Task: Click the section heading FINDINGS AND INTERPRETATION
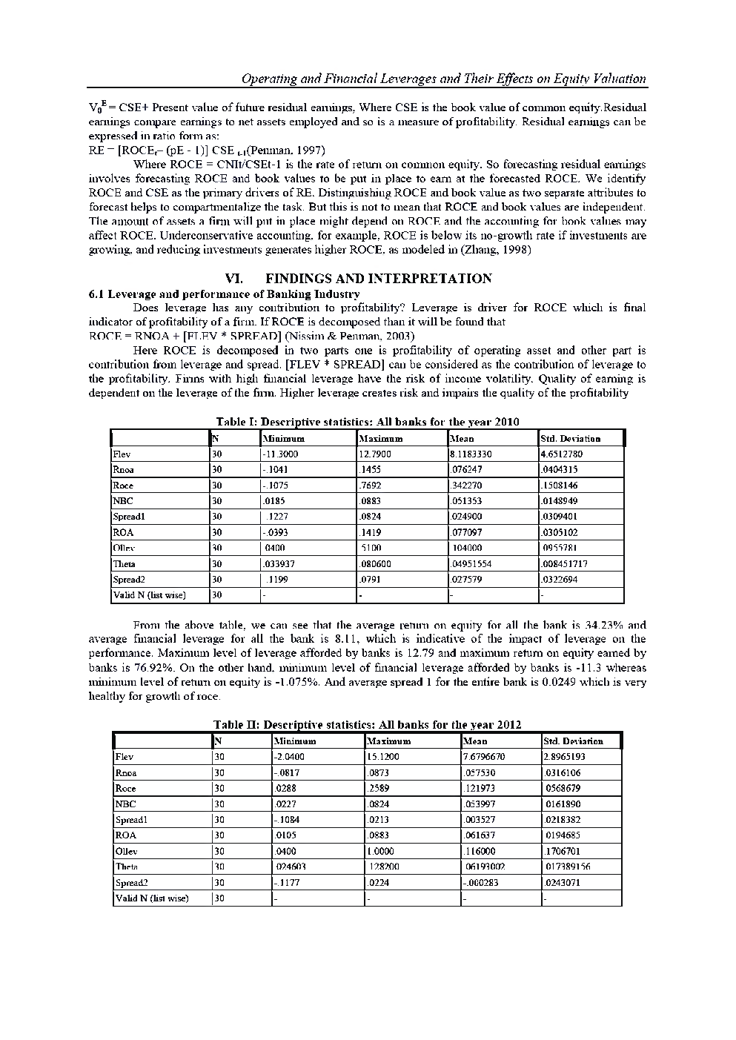378,279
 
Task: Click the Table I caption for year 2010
367,422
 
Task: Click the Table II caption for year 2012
367,724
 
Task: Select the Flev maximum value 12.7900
375,454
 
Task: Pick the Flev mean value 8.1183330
471,454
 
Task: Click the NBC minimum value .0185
274,501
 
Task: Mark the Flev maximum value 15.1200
383,757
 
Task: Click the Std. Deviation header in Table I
571,439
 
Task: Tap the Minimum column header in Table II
295,741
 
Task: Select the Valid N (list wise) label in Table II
152,898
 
